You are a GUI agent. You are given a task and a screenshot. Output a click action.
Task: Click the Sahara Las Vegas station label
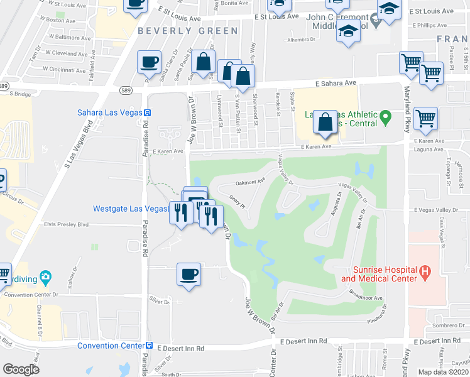pyautogui.click(x=109, y=113)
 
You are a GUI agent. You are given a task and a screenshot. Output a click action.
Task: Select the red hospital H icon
pyautogui.click(x=425, y=272)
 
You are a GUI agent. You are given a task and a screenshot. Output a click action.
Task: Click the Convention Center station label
pyautogui.click(x=111, y=346)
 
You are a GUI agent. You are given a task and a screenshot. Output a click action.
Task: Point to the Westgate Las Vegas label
pyautogui.click(x=131, y=209)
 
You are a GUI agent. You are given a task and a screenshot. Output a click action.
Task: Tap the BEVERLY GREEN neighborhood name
pyautogui.click(x=178, y=30)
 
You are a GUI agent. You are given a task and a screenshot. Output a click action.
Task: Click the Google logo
pyautogui.click(x=21, y=369)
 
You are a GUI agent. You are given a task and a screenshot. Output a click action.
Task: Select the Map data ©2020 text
pyautogui.click(x=444, y=372)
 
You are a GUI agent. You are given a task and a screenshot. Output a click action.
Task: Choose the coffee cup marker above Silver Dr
pyautogui.click(x=189, y=274)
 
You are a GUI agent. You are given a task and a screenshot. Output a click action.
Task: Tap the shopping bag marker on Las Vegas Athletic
pyautogui.click(x=325, y=122)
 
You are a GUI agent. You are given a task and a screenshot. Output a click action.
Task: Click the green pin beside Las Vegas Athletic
pyautogui.click(x=387, y=116)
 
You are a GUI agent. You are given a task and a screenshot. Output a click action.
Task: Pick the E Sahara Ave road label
pyautogui.click(x=336, y=82)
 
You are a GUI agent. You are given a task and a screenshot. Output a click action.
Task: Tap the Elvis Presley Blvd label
pyautogui.click(x=66, y=224)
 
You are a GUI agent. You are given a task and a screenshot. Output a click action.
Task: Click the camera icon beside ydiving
pyautogui.click(x=45, y=276)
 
